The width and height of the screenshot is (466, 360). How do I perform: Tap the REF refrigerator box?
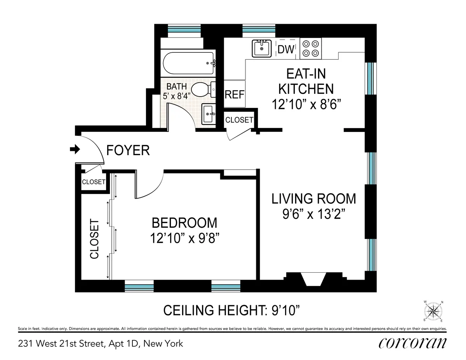(x=235, y=94)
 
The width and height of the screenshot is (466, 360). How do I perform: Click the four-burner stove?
(x=311, y=48)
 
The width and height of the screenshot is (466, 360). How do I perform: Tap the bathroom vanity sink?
(x=208, y=114)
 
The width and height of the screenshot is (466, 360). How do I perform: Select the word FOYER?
(x=128, y=150)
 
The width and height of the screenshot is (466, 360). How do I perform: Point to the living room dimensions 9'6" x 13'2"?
(x=313, y=214)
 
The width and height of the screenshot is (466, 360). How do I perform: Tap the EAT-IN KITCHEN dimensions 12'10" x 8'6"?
(x=305, y=104)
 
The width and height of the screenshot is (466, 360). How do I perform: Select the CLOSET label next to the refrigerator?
(x=239, y=120)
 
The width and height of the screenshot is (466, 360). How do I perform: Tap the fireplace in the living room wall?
(x=315, y=280)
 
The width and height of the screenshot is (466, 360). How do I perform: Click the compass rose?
(x=434, y=312)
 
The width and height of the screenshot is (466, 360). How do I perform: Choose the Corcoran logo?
(x=412, y=343)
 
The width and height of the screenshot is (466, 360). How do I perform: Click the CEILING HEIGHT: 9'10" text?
(x=232, y=310)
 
